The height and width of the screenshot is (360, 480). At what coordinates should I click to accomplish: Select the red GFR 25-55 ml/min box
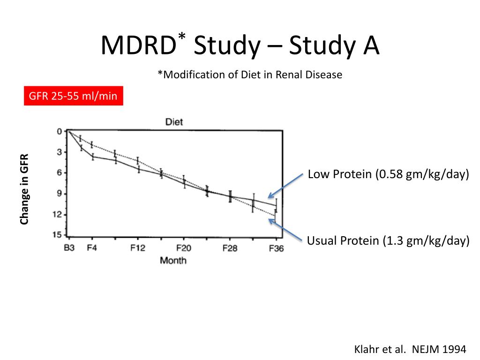[x=74, y=97]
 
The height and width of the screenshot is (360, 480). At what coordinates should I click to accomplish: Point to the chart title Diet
[x=174, y=122]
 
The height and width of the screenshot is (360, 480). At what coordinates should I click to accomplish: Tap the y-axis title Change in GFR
[x=24, y=189]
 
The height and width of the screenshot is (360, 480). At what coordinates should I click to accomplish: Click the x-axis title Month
[x=173, y=260]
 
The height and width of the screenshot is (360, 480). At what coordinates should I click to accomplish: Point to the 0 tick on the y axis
[x=60, y=131]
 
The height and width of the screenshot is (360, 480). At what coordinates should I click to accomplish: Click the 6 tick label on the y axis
[x=60, y=172]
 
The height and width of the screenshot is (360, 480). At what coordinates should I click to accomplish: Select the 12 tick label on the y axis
[x=58, y=214]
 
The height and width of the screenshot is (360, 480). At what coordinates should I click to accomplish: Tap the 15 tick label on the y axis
[x=58, y=235]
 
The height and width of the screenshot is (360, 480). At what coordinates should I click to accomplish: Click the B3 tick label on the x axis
[x=69, y=248]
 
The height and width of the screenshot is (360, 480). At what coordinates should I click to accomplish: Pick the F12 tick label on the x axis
[x=138, y=248]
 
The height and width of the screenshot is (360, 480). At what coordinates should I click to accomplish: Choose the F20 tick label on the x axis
[x=184, y=248]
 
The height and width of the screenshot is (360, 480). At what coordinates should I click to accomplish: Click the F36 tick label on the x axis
[x=276, y=248]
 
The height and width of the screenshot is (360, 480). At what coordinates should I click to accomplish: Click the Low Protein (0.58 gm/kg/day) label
[x=388, y=174]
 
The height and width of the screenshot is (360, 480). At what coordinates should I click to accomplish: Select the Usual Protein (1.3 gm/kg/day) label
[x=388, y=241]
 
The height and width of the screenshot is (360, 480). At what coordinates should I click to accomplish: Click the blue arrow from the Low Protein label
[x=285, y=186]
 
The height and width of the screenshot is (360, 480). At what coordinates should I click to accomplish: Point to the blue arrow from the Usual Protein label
[x=285, y=230]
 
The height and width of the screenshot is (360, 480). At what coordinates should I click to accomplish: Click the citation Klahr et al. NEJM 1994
[x=409, y=349]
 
